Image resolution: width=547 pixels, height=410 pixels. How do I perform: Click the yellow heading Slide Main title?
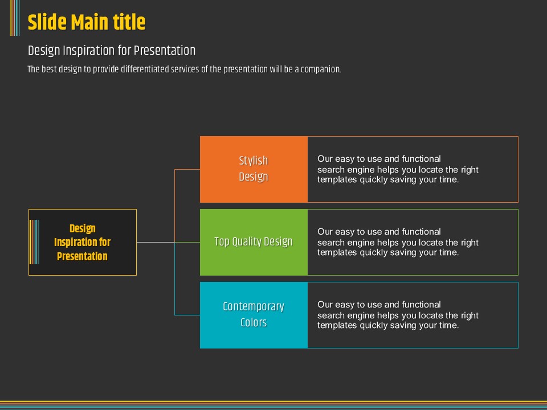[x=87, y=23]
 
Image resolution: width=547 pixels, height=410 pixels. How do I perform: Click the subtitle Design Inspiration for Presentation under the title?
[x=112, y=51]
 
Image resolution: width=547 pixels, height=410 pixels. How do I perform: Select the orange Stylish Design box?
[x=254, y=169]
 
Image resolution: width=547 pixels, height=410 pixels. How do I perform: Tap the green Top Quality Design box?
[x=254, y=242]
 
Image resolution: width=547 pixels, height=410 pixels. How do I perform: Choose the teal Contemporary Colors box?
[x=254, y=315]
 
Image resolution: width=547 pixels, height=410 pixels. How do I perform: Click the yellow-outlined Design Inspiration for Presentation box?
[x=83, y=243]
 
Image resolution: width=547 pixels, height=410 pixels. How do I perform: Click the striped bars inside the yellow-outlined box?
[x=34, y=242]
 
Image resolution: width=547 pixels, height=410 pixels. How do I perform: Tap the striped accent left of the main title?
[x=15, y=18]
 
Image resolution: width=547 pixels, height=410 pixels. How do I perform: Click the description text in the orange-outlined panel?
[x=398, y=169]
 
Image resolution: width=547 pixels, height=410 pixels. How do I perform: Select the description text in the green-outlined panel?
[x=398, y=242]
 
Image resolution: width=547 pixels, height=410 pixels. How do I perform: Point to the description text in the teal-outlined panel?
[x=398, y=315]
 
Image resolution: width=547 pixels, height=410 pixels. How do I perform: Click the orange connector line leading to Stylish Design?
[x=175, y=194]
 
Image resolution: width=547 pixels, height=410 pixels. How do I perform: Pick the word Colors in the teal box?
[x=254, y=323]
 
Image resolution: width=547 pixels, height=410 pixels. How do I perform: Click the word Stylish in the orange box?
[x=254, y=161]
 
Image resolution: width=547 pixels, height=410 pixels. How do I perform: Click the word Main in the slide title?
[x=92, y=23]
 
